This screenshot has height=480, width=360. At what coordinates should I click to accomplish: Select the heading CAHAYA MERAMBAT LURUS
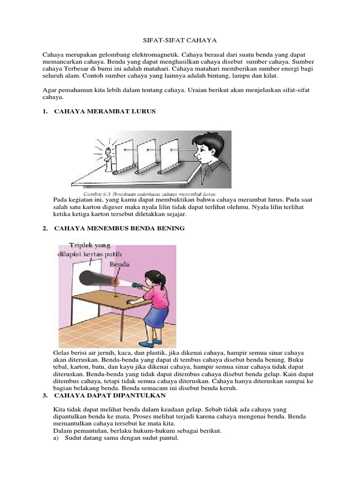(105, 112)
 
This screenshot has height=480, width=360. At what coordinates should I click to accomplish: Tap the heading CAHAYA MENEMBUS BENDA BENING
(120, 228)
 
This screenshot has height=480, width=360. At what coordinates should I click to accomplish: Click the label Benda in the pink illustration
(119, 264)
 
